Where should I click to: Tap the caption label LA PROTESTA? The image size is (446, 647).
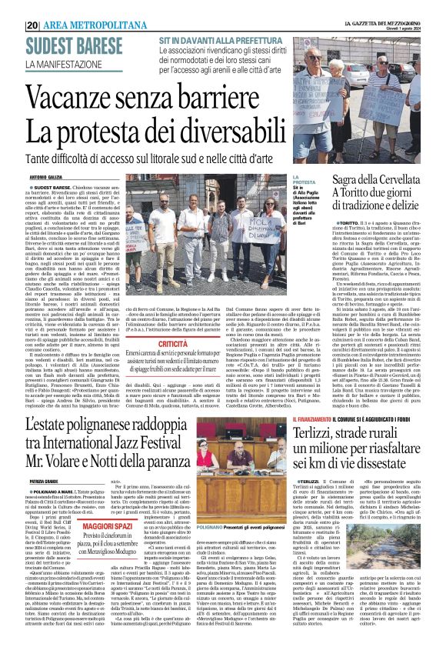coord(299,179)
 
